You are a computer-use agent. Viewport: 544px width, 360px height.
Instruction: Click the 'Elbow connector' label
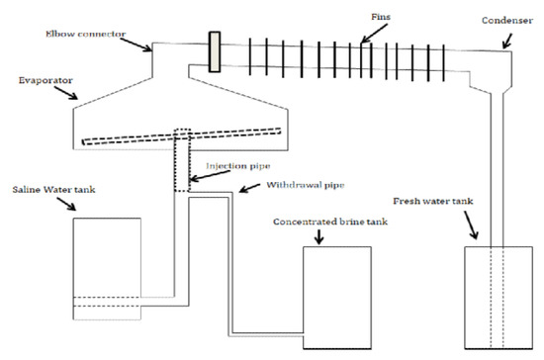(x=86, y=34)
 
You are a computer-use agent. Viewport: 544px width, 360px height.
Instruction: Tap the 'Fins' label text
(x=381, y=17)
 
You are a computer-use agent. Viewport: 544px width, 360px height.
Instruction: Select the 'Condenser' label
(x=507, y=21)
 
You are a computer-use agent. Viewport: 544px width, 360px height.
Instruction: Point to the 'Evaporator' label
(x=45, y=80)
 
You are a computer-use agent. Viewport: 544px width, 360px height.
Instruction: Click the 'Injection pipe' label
(x=238, y=166)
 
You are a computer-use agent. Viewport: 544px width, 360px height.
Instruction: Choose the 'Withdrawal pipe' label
(x=306, y=185)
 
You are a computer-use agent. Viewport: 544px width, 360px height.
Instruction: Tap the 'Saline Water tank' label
(x=53, y=190)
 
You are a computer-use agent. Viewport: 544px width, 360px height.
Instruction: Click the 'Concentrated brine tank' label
(x=330, y=222)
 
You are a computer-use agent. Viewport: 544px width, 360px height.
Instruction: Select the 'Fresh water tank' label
(x=433, y=201)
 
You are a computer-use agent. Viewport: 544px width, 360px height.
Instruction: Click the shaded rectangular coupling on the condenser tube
(x=215, y=52)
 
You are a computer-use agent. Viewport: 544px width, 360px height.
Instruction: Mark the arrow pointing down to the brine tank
(x=318, y=236)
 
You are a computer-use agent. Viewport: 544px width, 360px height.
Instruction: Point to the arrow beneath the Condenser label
(x=507, y=41)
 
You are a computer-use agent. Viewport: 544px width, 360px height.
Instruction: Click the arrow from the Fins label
(x=374, y=34)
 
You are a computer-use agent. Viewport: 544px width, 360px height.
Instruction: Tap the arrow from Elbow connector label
(x=136, y=45)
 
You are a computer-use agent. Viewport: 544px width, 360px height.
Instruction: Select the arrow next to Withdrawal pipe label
(x=249, y=188)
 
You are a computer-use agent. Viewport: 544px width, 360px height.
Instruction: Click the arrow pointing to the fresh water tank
(x=471, y=225)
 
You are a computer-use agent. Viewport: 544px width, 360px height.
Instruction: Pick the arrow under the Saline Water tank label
(x=66, y=204)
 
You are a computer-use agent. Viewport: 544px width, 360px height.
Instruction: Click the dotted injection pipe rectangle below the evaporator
(x=182, y=160)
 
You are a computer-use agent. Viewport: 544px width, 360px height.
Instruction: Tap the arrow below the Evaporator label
(x=66, y=93)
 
